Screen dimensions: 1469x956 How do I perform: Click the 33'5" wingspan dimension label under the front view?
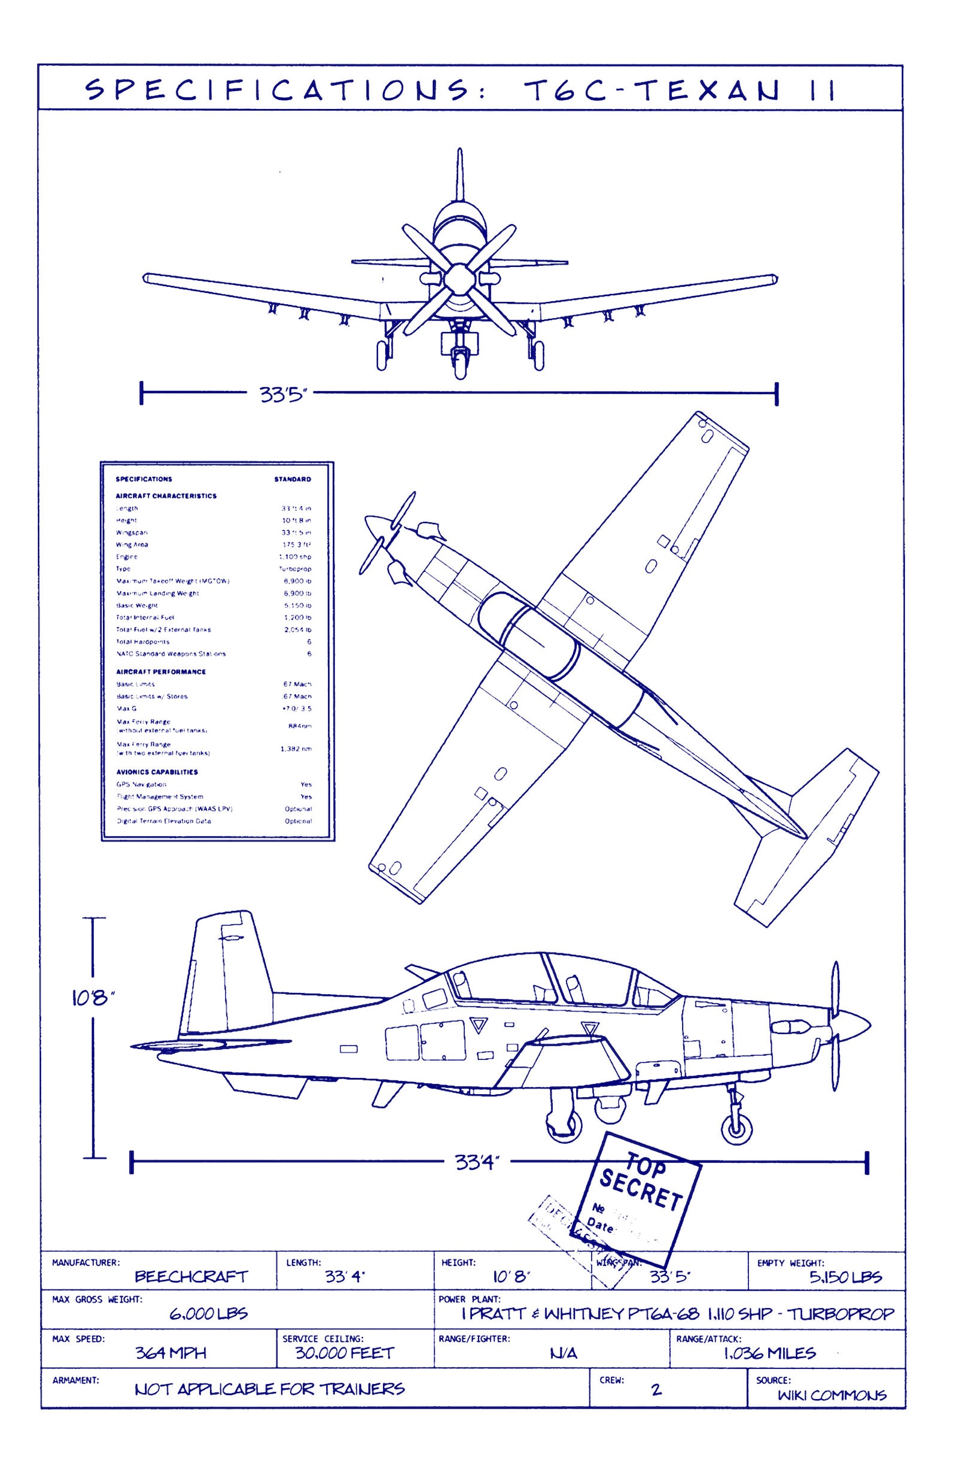[282, 394]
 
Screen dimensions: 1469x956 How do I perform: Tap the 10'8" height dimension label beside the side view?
[93, 997]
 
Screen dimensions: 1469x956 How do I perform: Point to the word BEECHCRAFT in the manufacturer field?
[191, 1276]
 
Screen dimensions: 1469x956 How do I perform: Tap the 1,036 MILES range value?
[769, 1353]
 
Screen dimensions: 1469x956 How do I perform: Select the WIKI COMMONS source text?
[831, 1395]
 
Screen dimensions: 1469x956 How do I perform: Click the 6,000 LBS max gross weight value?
[208, 1314]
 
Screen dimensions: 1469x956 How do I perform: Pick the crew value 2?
[656, 1389]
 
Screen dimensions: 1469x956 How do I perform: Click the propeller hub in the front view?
[459, 280]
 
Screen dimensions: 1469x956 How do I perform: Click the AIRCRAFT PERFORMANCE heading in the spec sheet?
[161, 672]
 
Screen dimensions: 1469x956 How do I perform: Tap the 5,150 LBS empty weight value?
[845, 1276]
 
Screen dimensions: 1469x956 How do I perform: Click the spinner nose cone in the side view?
[854, 1025]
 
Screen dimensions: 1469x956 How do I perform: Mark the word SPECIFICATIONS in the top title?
[278, 90]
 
